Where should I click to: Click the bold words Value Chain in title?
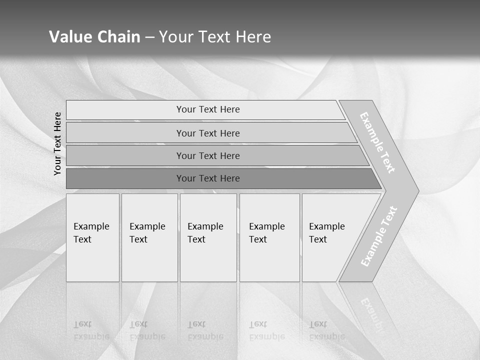(x=94, y=37)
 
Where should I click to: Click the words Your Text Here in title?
(x=215, y=37)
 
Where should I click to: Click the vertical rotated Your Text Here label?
(x=57, y=143)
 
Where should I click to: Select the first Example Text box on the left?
(x=92, y=237)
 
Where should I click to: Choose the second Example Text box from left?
(x=149, y=237)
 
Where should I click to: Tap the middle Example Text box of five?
(x=208, y=237)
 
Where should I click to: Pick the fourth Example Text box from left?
(x=269, y=237)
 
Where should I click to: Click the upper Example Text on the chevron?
(x=377, y=142)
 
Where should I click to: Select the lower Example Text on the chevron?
(x=379, y=236)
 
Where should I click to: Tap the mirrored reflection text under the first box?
(x=91, y=330)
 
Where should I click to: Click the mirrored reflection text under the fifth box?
(x=326, y=330)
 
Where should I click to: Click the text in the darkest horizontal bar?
(x=208, y=178)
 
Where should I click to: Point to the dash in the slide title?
(x=149, y=37)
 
